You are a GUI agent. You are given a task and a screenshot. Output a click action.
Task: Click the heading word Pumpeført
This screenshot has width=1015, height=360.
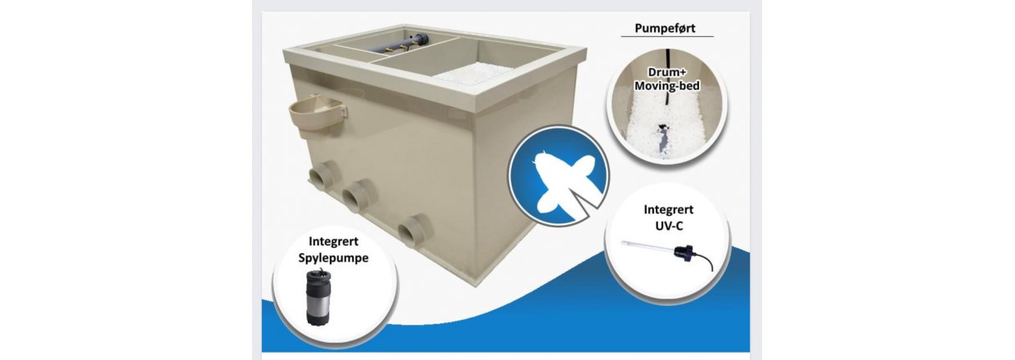point(665,28)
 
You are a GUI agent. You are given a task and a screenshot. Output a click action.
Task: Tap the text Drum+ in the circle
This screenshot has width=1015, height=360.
point(666,72)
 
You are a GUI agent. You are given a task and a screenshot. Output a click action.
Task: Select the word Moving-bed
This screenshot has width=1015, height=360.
point(666,86)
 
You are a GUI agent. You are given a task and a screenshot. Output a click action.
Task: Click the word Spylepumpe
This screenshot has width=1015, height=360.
point(333,258)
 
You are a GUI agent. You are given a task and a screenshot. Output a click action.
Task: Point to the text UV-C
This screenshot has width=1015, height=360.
point(669,226)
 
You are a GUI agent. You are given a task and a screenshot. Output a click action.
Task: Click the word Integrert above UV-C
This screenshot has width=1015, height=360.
point(669,209)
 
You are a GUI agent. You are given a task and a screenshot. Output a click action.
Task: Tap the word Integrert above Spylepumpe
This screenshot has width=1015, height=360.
point(333,241)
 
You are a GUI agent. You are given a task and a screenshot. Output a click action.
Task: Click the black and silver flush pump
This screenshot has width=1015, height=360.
point(318,297)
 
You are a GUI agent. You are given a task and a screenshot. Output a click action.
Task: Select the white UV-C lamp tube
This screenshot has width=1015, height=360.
point(648,246)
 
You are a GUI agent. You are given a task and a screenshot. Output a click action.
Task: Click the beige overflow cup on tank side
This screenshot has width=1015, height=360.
point(318,117)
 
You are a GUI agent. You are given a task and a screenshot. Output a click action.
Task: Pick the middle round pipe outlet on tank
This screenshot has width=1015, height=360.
point(358,194)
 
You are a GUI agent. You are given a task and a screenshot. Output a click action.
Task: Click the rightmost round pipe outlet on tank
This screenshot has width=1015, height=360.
point(414,228)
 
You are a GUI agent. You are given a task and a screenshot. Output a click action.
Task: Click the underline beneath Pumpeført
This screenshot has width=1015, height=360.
point(667,36)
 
